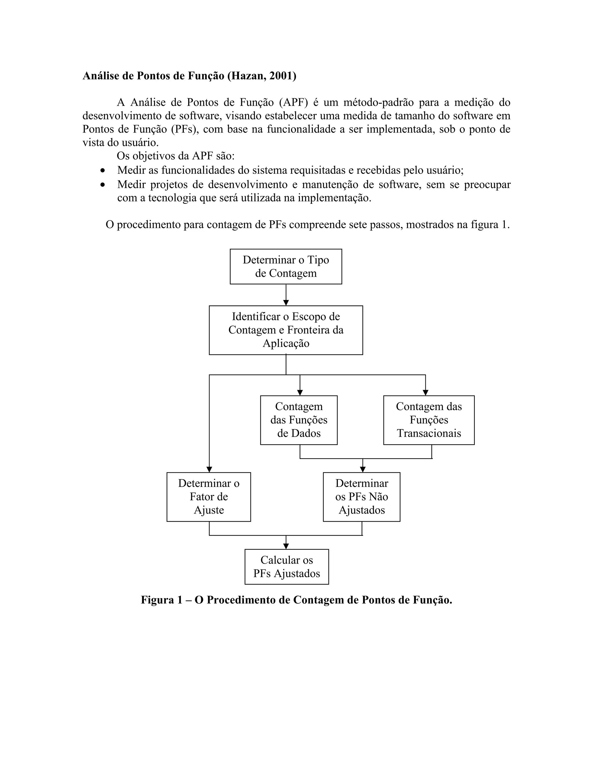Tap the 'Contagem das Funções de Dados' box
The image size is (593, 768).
click(299, 420)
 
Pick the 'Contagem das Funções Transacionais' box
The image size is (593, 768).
click(429, 420)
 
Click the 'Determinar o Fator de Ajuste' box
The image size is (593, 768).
click(209, 496)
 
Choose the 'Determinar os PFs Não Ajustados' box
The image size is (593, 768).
click(361, 496)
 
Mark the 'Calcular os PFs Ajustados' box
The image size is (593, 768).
click(287, 567)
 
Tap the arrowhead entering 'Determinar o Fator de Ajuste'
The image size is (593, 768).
click(209, 469)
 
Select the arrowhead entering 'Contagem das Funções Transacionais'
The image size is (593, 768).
click(425, 392)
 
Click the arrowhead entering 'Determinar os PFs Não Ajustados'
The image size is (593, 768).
click(363, 469)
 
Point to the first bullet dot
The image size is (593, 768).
click(103, 170)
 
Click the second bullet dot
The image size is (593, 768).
click(103, 185)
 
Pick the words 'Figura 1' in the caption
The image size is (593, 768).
click(162, 600)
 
